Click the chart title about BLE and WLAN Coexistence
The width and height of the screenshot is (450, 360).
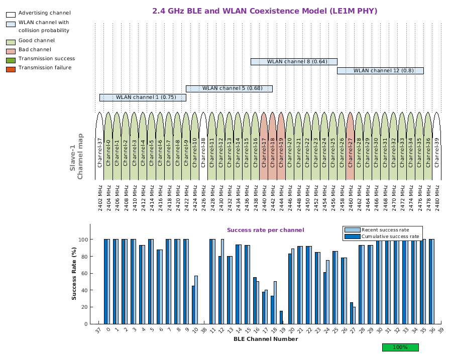click(x=265, y=11)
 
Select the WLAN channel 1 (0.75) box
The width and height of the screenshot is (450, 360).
click(x=143, y=97)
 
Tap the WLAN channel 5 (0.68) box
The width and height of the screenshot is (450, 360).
click(x=229, y=88)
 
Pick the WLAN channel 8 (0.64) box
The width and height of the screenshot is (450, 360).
click(x=294, y=62)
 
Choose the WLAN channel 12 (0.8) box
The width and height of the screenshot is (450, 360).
click(x=380, y=71)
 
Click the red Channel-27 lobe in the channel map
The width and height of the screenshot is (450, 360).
click(x=350, y=146)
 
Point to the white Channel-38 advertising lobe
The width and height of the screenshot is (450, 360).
click(x=203, y=146)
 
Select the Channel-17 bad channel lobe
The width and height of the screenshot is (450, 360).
click(x=264, y=146)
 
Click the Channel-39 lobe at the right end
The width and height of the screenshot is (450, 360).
click(x=436, y=146)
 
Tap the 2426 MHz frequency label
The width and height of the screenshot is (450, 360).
click(x=203, y=196)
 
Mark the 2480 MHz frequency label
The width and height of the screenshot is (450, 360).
click(x=436, y=196)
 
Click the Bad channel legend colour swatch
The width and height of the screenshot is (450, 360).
click(x=11, y=50)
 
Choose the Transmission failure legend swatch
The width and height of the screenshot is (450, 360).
click(x=11, y=68)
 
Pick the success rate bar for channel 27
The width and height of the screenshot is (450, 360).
click(x=353, y=313)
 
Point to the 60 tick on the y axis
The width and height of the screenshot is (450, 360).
click(x=84, y=273)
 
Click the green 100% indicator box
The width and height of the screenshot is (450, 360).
click(x=400, y=347)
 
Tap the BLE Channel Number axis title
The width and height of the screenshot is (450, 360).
click(x=265, y=339)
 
